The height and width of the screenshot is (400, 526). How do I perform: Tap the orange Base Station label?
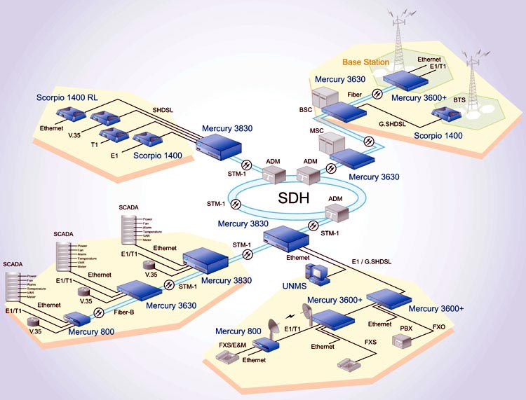[365, 62]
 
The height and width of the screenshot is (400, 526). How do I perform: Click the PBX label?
[406, 327]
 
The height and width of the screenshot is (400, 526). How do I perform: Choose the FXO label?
[439, 326]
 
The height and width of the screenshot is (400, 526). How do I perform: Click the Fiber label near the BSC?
[355, 93]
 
